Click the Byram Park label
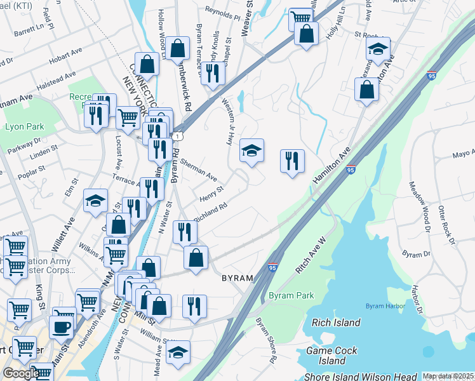(291, 296)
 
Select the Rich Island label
(336, 322)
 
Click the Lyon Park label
(24, 126)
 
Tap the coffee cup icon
(61, 327)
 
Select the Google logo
(20, 373)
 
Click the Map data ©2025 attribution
(448, 376)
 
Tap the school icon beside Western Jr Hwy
(251, 151)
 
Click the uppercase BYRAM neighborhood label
(237, 278)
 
